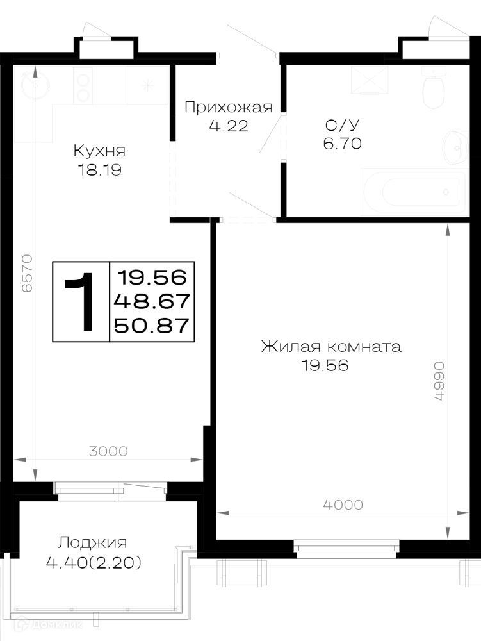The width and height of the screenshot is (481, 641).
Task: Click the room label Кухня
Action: point(99,151)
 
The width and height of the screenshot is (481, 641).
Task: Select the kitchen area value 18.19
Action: point(100,170)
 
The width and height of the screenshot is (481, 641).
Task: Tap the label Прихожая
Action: point(228,107)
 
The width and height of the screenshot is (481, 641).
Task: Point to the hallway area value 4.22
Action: point(229,126)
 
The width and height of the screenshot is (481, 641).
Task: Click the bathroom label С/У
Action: point(342,124)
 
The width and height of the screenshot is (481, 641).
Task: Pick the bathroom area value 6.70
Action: point(342,144)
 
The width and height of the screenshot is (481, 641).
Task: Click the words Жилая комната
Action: point(331,347)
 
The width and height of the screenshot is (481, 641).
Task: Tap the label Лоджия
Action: point(92,543)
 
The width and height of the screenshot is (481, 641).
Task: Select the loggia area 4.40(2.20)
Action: point(94,563)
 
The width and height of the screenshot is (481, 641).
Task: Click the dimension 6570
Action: point(27,273)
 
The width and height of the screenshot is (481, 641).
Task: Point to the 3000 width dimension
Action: point(108,451)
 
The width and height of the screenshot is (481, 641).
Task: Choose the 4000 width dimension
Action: point(343,505)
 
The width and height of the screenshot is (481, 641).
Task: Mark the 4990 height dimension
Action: point(438,381)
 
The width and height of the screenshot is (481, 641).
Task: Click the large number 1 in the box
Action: point(81,302)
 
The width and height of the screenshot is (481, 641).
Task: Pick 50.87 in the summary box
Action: point(152,326)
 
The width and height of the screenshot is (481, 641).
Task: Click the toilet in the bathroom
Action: point(433,88)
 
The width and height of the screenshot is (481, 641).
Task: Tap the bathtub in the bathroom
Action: point(414,192)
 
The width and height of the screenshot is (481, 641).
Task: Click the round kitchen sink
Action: point(35,85)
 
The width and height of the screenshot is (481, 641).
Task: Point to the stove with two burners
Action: point(83,86)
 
